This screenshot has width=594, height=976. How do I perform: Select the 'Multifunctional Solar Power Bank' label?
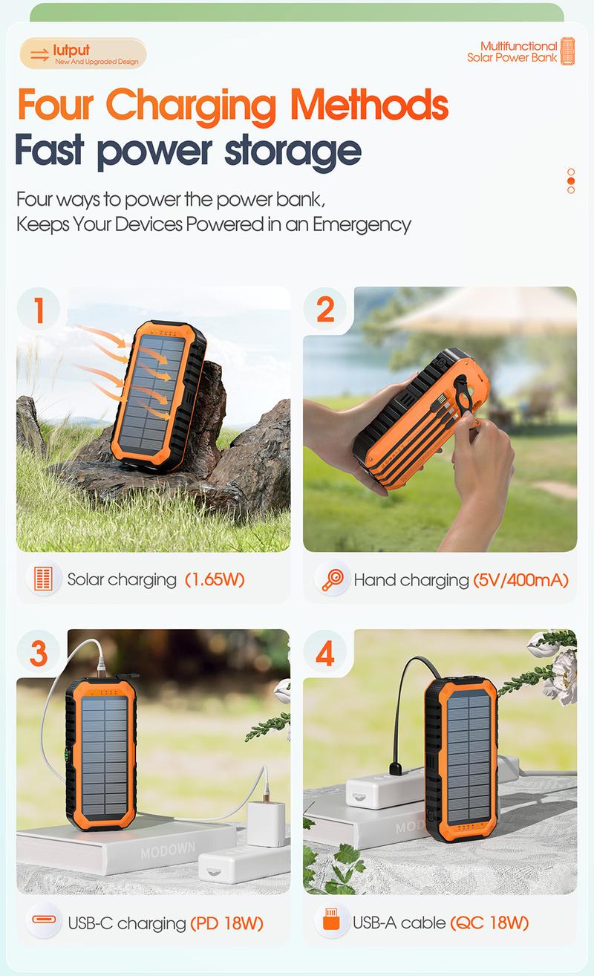[x=512, y=52]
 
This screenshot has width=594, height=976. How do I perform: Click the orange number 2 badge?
[x=325, y=309]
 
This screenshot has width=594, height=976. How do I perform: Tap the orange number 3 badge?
[x=39, y=653]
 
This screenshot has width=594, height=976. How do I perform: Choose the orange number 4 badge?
[x=325, y=653]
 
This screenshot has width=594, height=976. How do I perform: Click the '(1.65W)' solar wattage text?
[x=215, y=579]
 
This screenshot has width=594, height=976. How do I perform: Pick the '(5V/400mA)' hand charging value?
[x=520, y=579]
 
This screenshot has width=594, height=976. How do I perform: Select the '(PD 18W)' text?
[x=226, y=923]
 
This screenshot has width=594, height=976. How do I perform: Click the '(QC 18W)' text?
[x=489, y=923]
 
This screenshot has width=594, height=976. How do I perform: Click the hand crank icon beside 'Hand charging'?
[x=332, y=579]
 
